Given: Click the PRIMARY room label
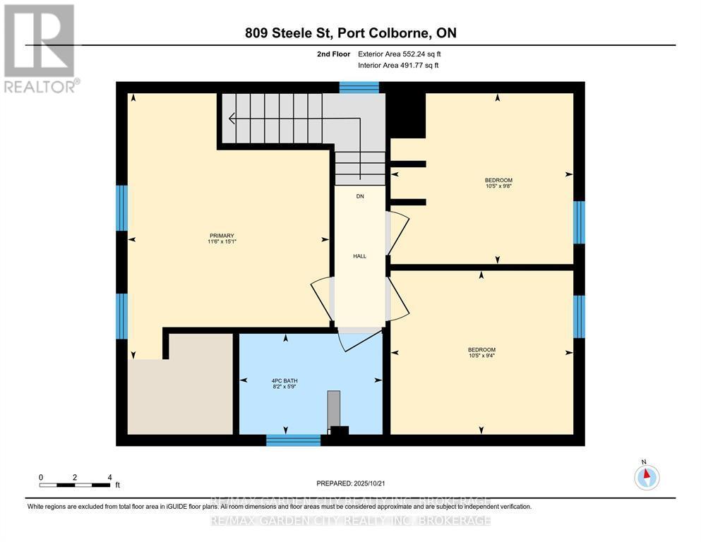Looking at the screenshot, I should click(221, 236).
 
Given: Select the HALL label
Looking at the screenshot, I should click(359, 256).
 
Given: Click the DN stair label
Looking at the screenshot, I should click(359, 197).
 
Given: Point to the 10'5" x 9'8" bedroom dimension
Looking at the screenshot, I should click(498, 186).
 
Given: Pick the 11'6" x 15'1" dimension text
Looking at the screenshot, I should click(221, 243).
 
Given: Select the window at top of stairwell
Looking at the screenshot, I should click(359, 88).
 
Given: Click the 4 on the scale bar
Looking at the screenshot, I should click(109, 477).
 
